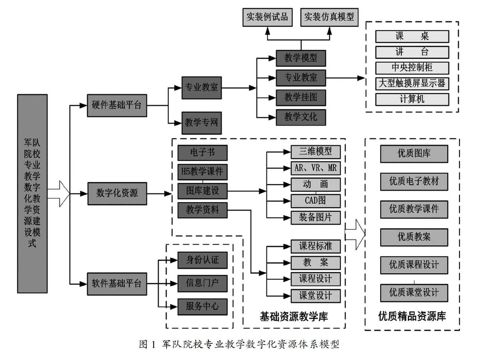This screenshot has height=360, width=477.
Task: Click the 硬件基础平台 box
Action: click(117, 105)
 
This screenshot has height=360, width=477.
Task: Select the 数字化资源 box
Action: click(117, 193)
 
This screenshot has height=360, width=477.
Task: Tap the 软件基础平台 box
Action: click(117, 284)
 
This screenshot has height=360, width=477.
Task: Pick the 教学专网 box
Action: click(201, 123)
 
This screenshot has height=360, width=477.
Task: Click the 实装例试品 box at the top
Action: click(267, 17)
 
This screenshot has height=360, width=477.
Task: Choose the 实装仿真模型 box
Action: click(329, 17)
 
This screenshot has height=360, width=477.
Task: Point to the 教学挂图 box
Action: click(301, 97)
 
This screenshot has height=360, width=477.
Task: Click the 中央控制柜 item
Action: click(412, 68)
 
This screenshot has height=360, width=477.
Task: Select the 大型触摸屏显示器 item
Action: click(412, 83)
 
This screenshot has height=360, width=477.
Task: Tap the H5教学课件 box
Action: click(202, 172)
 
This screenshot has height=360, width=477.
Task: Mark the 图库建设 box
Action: click(202, 191)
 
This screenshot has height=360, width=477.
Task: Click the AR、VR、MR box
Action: click(315, 168)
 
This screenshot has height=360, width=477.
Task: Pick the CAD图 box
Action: click(315, 201)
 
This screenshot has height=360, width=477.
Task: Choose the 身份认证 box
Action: click(202, 260)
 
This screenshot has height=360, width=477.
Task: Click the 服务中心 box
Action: click(202, 306)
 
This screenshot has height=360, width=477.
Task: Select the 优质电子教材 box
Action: click(414, 181)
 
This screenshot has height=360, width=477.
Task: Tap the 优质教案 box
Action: click(414, 237)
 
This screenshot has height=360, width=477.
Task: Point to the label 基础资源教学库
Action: click(294, 317)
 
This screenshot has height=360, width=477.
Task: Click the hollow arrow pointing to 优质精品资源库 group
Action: click(355, 234)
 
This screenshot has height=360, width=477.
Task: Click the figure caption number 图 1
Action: click(147, 344)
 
